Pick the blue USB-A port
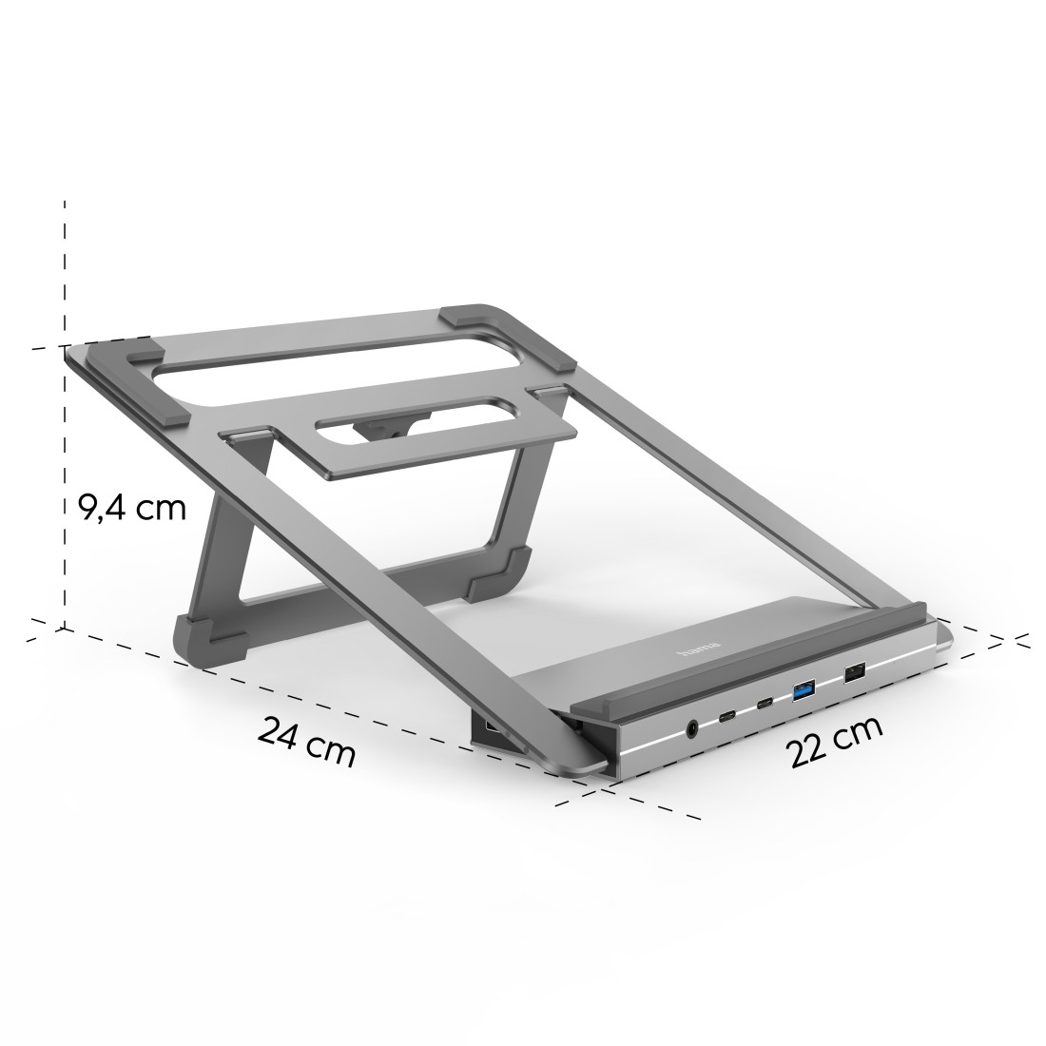click(804, 688)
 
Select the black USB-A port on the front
click(853, 672)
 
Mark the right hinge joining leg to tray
click(549, 393)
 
